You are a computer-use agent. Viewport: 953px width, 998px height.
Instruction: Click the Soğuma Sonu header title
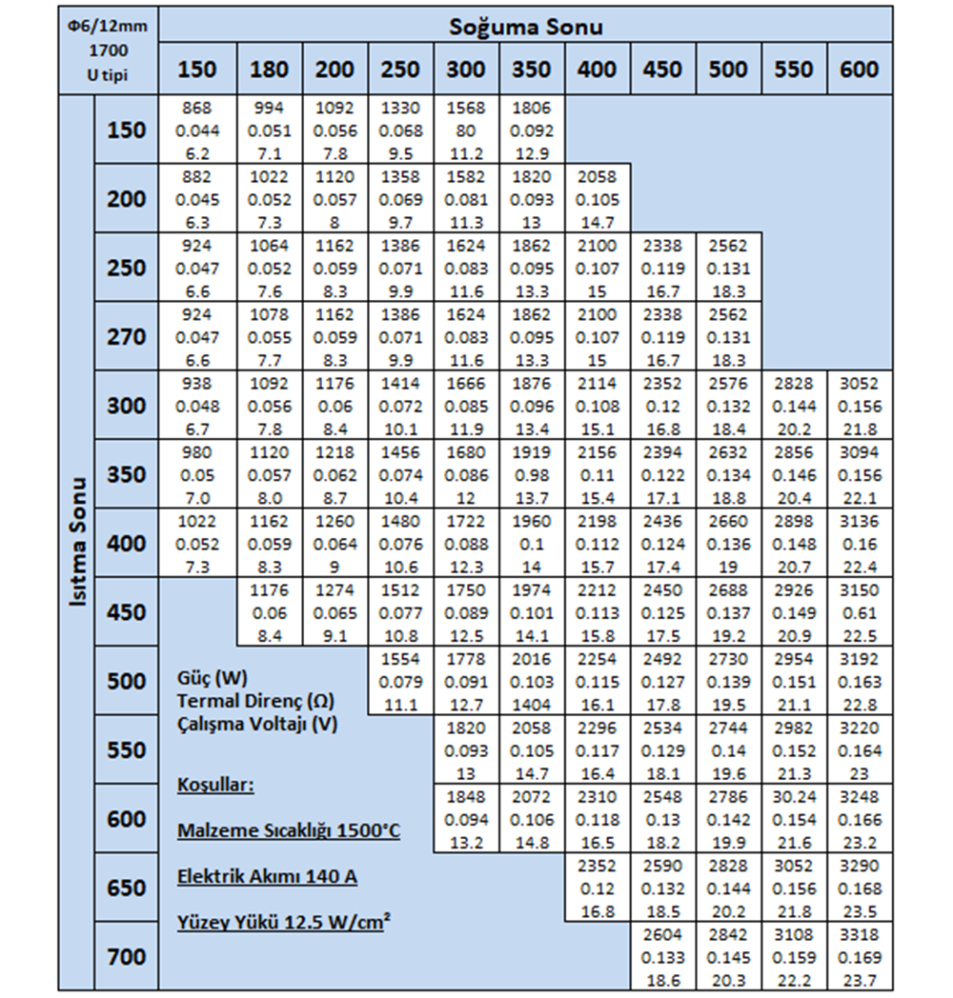[x=526, y=26]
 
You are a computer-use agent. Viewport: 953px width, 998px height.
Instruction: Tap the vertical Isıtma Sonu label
[x=79, y=544]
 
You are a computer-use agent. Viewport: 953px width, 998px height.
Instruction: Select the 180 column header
[x=270, y=70]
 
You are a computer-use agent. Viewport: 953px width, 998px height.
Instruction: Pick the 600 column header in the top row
[x=860, y=70]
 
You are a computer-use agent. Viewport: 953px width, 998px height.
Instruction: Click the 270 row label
[x=127, y=337]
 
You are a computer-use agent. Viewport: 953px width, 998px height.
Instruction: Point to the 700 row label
[x=127, y=957]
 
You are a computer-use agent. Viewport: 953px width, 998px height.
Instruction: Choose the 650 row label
[x=127, y=888]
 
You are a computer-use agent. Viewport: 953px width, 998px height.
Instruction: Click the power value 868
[x=201, y=109]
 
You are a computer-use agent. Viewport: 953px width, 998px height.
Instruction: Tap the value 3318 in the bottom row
[x=860, y=935]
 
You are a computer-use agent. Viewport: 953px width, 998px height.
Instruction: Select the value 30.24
[x=794, y=797]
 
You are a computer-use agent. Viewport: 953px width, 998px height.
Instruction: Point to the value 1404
[x=531, y=706]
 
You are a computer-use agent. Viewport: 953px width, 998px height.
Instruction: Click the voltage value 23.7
[x=860, y=981]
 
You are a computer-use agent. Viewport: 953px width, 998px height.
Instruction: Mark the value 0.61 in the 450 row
[x=860, y=613]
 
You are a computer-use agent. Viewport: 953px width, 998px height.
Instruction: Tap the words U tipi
[x=108, y=74]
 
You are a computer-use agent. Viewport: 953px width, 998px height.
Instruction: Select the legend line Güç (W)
[x=213, y=679]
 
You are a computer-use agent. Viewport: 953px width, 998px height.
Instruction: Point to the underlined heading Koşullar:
[x=215, y=786]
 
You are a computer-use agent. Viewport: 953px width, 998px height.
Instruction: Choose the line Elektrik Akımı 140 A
[x=267, y=876]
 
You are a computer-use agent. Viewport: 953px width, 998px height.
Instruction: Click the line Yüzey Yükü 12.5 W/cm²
[x=280, y=921]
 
